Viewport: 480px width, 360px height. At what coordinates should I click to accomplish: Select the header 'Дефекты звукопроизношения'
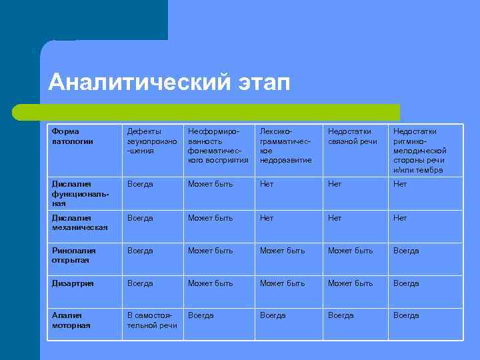tap(153, 141)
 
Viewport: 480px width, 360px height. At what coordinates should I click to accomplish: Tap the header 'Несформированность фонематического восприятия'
tap(218, 145)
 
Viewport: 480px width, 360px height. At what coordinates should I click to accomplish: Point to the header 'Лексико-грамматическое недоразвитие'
tap(285, 145)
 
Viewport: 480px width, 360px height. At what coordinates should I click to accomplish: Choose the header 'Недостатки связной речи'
tap(352, 136)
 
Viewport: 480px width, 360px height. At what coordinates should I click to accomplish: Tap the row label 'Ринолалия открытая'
tap(74, 255)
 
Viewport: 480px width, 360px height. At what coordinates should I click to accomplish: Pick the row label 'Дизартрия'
tap(73, 283)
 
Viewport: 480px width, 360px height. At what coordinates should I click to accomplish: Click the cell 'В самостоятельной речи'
tap(152, 320)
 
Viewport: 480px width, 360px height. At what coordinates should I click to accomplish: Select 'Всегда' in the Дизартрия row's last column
tap(406, 283)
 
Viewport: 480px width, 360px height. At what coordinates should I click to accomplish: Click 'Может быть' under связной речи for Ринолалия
tap(350, 251)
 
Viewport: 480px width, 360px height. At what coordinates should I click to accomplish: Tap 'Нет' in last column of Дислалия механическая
tap(400, 218)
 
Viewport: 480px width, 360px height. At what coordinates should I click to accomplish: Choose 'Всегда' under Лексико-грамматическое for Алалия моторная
tap(273, 315)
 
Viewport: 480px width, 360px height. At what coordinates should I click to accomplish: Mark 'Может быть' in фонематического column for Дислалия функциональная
tap(210, 184)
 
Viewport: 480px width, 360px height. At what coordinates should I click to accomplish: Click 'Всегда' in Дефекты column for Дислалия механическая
tap(140, 218)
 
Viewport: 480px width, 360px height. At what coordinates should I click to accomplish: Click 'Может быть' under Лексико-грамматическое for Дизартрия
tap(282, 283)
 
